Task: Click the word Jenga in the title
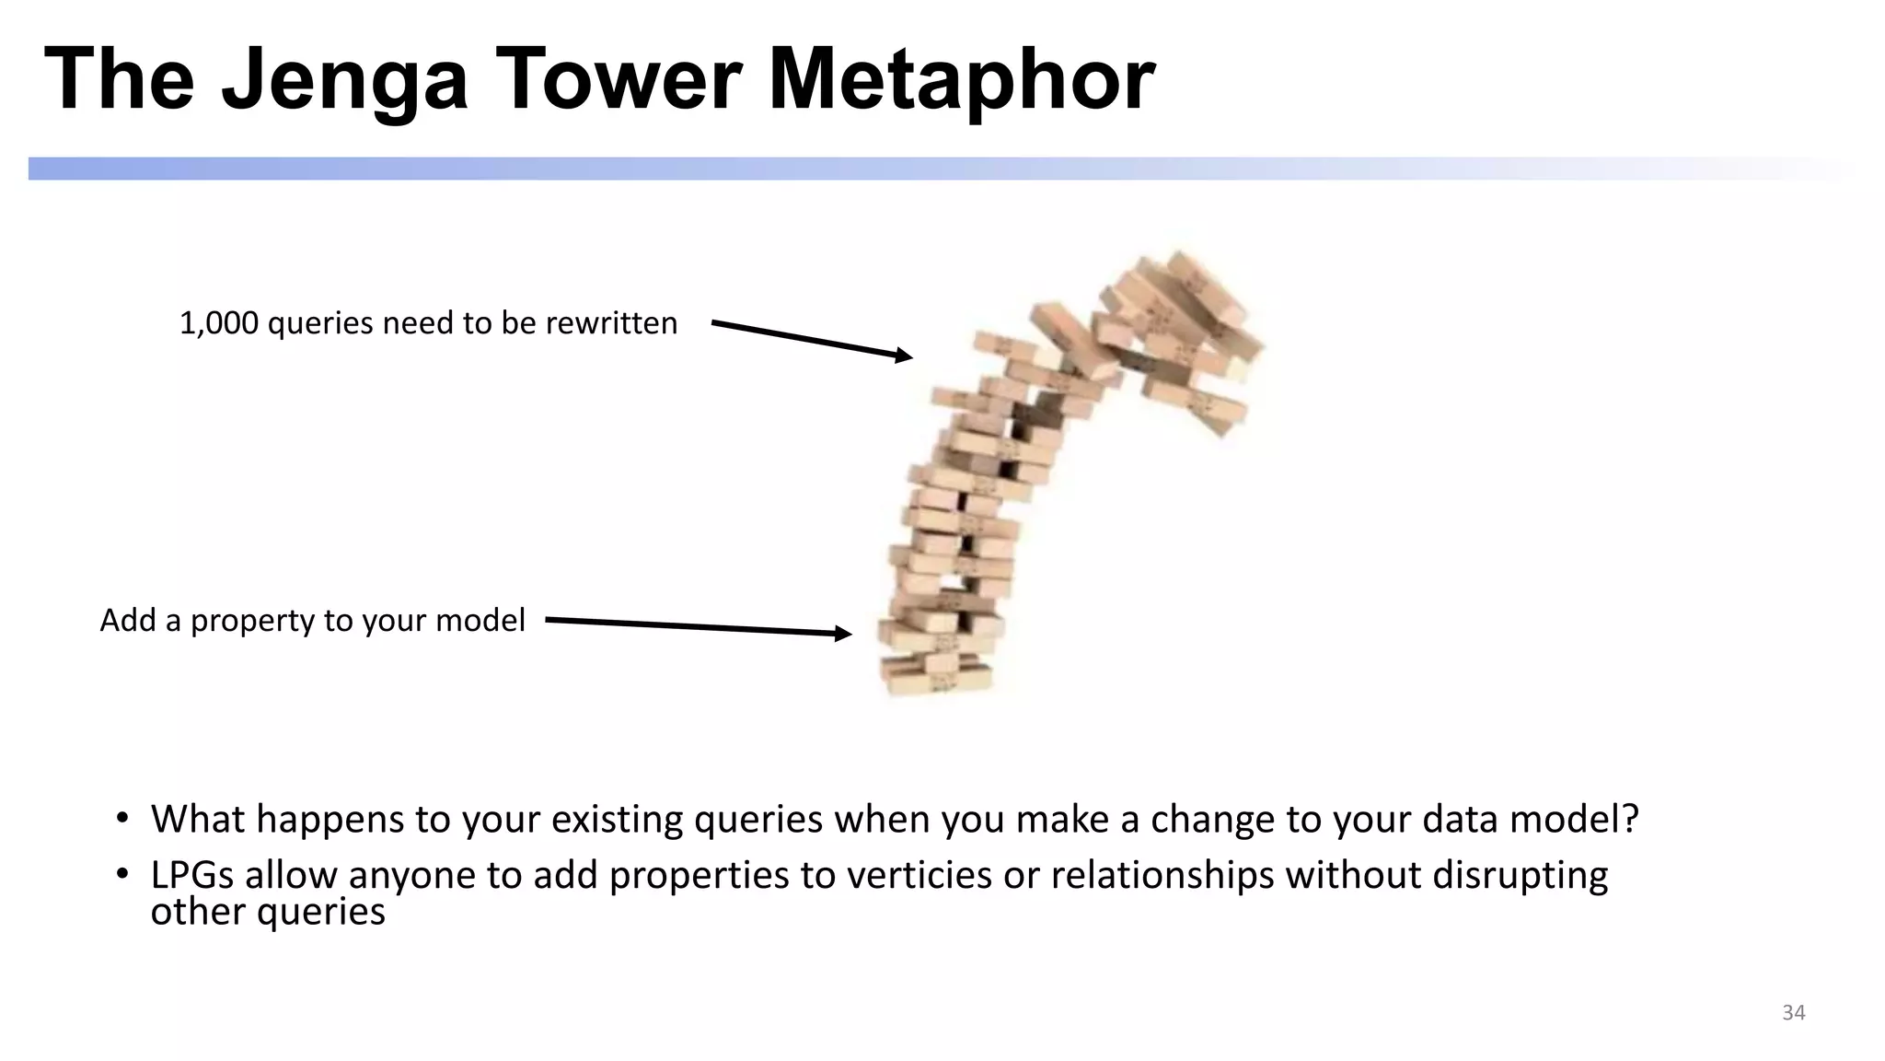tap(344, 81)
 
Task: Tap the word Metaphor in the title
tap(961, 81)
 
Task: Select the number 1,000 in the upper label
tap(218, 323)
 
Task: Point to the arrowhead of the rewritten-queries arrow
tap(905, 356)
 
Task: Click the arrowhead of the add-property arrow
tap(843, 633)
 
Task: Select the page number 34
tap(1793, 1012)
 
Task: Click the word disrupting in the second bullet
tap(1520, 875)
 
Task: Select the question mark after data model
tap(1630, 819)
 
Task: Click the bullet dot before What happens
tap(121, 818)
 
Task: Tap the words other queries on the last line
tap(268, 912)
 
